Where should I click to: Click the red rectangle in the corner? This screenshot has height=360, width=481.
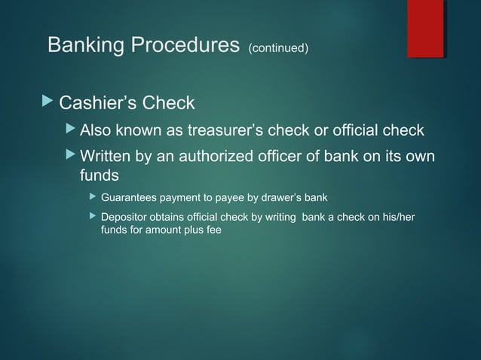[425, 29]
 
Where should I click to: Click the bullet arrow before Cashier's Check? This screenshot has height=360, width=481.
[51, 102]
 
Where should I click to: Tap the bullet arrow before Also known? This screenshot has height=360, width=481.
[72, 131]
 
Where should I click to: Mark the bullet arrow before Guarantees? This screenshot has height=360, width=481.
[93, 198]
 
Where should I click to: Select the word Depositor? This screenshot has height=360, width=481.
[125, 218]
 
